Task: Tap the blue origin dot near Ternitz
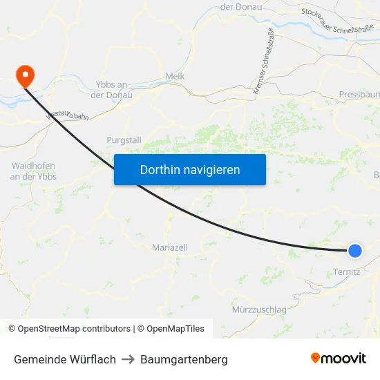pos(355,251)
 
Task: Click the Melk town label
pos(175,76)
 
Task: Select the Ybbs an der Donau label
pos(114,89)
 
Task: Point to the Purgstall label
pos(124,140)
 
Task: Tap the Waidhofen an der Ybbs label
pos(33,171)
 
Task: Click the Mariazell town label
pos(169,247)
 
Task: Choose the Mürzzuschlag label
pos(259,310)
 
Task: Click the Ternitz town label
pos(346,272)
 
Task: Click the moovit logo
pos(339,359)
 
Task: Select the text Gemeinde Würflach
pos(65,359)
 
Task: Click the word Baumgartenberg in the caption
pos(184,359)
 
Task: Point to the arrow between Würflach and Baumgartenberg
pos(128,359)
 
